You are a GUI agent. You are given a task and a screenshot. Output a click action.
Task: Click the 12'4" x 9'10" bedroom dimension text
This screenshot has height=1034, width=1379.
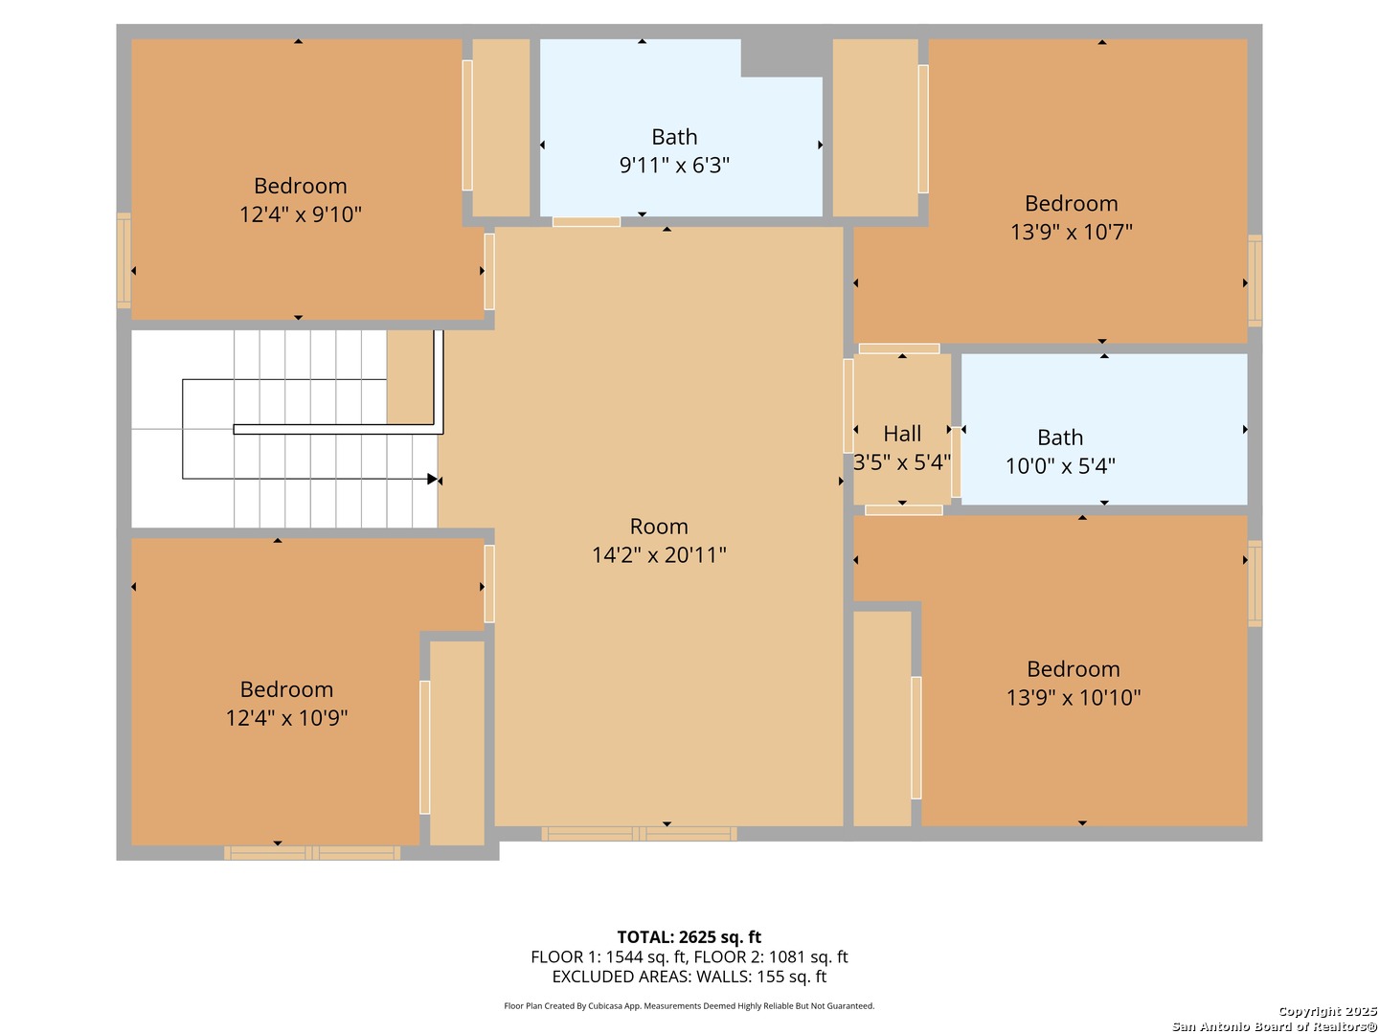click(x=301, y=214)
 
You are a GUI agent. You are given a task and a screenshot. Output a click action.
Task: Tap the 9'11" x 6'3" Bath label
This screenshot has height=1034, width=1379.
click(x=674, y=137)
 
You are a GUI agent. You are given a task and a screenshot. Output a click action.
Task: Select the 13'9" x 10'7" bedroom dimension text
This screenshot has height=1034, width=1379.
click(x=1072, y=233)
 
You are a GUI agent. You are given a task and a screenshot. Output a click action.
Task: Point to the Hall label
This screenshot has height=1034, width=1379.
click(x=902, y=434)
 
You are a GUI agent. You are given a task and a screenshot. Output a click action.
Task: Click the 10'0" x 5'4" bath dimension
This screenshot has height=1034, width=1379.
click(x=1060, y=466)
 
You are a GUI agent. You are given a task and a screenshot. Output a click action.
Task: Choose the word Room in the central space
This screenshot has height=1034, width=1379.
click(x=659, y=527)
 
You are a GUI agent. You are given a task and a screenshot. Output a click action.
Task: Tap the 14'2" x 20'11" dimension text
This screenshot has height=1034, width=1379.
click(x=659, y=555)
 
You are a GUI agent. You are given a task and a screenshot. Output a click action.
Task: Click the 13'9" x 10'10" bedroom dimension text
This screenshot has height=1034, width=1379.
click(x=1074, y=698)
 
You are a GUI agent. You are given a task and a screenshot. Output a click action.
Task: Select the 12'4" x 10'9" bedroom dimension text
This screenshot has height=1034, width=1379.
click(x=286, y=718)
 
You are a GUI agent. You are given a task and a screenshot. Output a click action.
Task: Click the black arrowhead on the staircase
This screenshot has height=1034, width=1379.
click(x=432, y=480)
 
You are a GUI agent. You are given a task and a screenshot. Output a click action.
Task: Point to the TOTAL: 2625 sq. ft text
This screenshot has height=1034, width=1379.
click(x=689, y=937)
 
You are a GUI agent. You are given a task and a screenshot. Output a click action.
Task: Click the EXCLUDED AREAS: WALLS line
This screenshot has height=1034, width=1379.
click(x=689, y=977)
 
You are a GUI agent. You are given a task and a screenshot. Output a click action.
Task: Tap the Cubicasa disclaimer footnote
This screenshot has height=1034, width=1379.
click(x=689, y=1006)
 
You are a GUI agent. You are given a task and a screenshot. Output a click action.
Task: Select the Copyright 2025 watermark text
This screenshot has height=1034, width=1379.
click(x=1327, y=1011)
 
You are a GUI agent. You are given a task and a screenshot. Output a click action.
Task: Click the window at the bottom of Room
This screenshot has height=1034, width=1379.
click(x=639, y=834)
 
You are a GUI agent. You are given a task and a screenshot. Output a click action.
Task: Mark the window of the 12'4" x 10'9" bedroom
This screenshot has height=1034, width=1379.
click(x=312, y=853)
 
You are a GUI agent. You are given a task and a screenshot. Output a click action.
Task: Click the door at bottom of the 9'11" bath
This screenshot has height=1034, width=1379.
click(x=586, y=221)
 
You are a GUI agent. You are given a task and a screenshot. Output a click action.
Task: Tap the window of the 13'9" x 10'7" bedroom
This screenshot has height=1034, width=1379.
click(x=1255, y=281)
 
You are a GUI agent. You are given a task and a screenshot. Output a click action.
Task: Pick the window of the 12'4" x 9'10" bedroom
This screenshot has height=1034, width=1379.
click(x=124, y=260)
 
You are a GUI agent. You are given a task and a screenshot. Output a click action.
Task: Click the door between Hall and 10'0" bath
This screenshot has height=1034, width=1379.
click(x=956, y=462)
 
